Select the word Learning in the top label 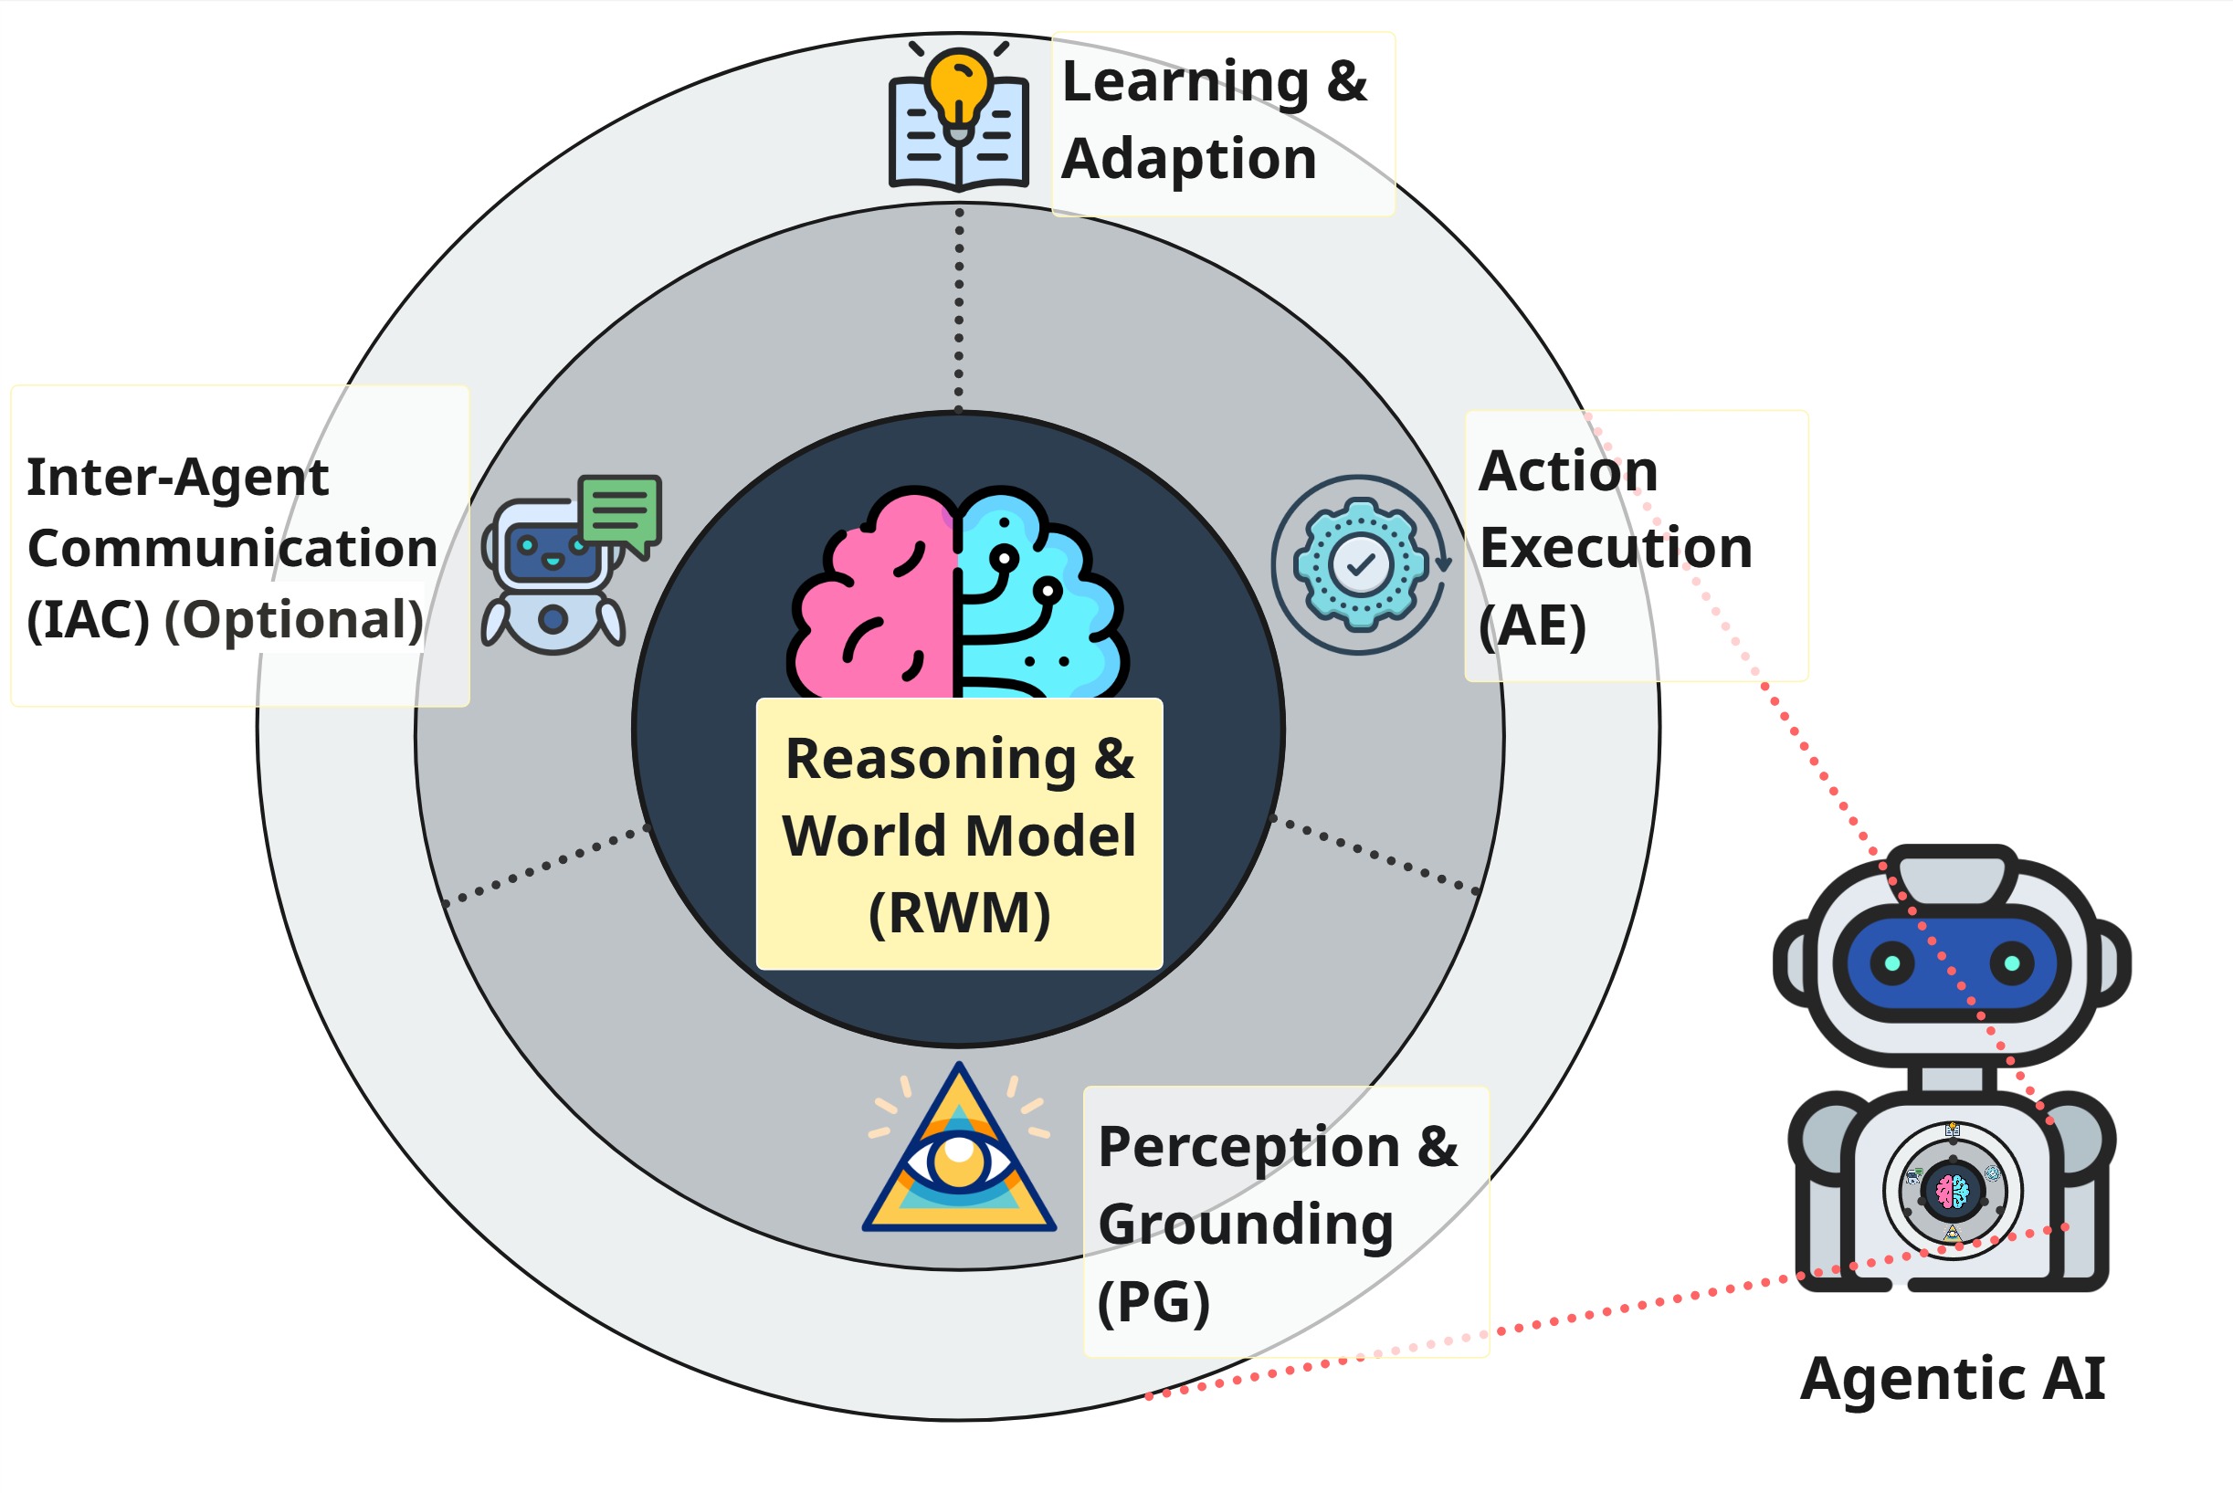[x=1185, y=82]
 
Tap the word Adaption [x=1188, y=158]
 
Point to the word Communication [x=232, y=549]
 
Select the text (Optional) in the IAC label [x=294, y=620]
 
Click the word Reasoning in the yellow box [x=931, y=759]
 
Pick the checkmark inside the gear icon [x=1361, y=564]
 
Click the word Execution [x=1615, y=549]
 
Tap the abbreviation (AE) [x=1533, y=626]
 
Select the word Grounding [x=1246, y=1225]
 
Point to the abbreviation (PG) [x=1153, y=1301]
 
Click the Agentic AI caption [x=1952, y=1379]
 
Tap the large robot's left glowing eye [x=1892, y=963]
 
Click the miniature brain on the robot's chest [x=1952, y=1191]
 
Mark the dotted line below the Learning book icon [x=959, y=305]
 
